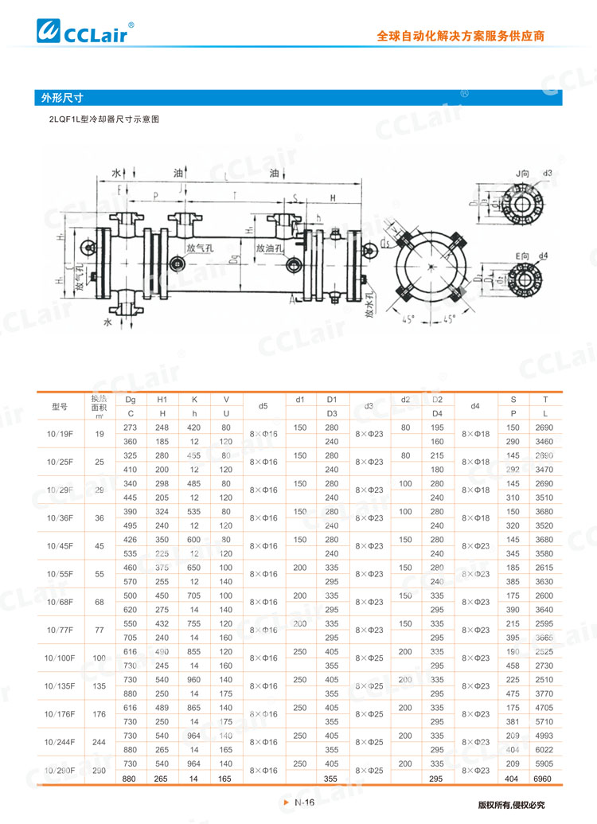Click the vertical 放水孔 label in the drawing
tap(369, 303)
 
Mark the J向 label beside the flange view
tap(522, 173)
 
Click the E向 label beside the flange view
tap(522, 255)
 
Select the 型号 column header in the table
tap(60, 406)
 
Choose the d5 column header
tap(263, 406)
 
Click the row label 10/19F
tap(60, 434)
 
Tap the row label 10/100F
tap(60, 658)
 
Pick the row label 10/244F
tap(60, 742)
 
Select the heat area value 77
tap(99, 630)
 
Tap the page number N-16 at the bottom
tap(305, 803)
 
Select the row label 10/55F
tap(60, 574)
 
